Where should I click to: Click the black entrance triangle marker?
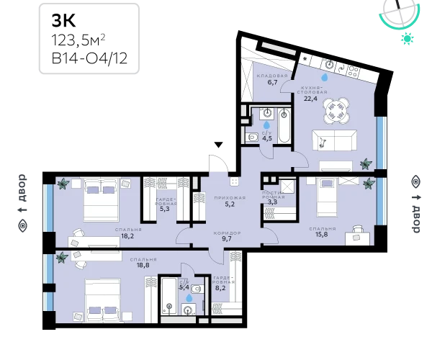click(x=218, y=145)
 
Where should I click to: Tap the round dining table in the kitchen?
click(x=336, y=110)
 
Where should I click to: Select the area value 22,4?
click(x=310, y=99)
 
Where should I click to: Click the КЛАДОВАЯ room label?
click(x=272, y=76)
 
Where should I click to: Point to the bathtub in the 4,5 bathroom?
click(x=284, y=125)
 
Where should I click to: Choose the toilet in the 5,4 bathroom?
click(x=196, y=289)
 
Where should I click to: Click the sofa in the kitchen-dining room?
click(x=334, y=140)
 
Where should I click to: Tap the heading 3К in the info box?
click(x=63, y=21)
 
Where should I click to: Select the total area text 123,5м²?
click(x=78, y=40)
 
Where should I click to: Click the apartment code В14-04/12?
click(x=89, y=58)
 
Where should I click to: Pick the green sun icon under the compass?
click(x=408, y=38)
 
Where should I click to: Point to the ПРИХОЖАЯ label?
click(x=230, y=198)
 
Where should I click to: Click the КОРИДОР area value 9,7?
click(x=227, y=239)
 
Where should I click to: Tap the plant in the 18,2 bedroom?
click(x=63, y=184)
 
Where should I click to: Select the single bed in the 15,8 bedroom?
click(x=327, y=197)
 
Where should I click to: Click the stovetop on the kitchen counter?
click(x=354, y=71)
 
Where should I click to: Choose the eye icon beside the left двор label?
click(x=22, y=226)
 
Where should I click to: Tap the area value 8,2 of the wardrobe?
click(x=220, y=288)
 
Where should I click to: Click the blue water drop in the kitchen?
click(x=325, y=77)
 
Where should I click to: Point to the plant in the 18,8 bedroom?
click(x=62, y=258)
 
